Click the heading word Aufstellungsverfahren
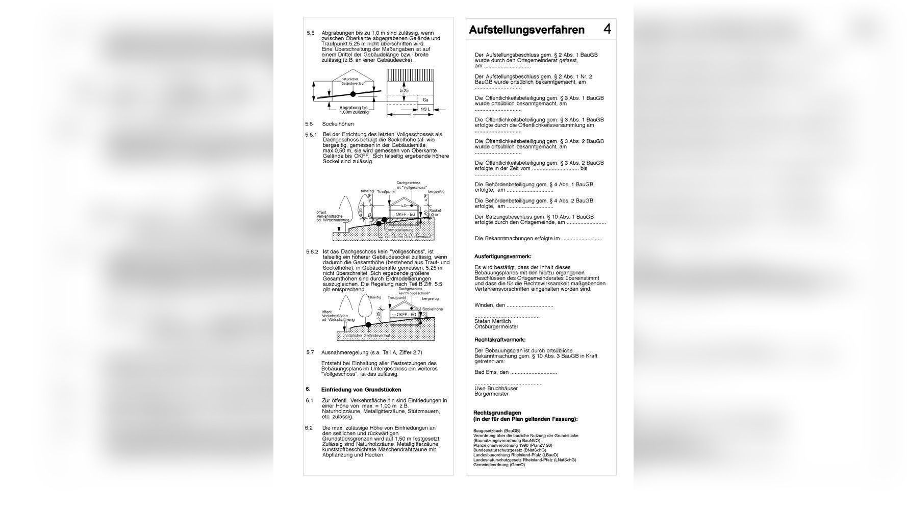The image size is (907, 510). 526,30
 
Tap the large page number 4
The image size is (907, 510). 607,29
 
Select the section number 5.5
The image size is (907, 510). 311,33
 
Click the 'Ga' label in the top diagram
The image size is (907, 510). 425,100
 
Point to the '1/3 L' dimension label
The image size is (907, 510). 425,110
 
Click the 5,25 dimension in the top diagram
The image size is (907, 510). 404,91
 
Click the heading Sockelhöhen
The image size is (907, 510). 338,124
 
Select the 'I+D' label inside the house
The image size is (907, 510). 404,206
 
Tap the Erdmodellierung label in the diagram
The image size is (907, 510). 399,231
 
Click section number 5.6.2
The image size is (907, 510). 312,252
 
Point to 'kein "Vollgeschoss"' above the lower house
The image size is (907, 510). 413,294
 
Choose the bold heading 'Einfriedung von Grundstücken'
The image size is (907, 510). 361,390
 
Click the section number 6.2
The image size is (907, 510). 309,428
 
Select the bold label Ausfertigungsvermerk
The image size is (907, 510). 502,257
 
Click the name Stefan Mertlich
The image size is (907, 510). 492,321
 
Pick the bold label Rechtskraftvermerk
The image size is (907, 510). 499,340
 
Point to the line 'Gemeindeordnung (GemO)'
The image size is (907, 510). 499,465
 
